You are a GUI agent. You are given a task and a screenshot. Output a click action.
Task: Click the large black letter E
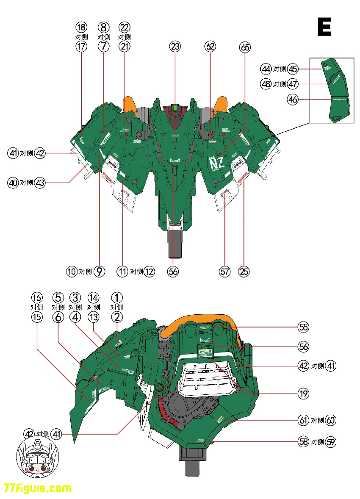pos(324,27)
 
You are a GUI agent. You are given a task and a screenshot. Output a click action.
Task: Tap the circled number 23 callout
pos(175,47)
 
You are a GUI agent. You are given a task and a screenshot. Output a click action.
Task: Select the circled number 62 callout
pos(210,47)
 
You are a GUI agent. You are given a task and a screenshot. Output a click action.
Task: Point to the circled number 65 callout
pos(245,47)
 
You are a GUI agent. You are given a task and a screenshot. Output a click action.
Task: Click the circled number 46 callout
pos(293,100)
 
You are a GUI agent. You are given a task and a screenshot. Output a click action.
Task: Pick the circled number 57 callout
pos(225,272)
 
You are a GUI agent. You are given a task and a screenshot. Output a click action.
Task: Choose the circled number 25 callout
pos(244,272)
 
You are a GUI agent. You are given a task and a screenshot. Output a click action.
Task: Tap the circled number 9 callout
pos(99,272)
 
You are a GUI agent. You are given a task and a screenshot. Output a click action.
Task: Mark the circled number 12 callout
pos(149,272)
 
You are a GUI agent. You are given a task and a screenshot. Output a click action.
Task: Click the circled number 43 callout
pos(40,183)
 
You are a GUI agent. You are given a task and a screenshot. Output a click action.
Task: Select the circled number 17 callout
pos(81,47)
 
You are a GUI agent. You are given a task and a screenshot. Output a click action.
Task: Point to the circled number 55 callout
pos(303,327)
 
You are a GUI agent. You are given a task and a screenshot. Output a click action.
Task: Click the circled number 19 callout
pos(303,394)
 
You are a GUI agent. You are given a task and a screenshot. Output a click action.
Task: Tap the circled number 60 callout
pos(331,420)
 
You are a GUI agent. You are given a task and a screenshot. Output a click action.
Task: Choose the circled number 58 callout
pos(303,442)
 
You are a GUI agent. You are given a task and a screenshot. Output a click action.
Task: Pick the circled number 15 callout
pos(37,317)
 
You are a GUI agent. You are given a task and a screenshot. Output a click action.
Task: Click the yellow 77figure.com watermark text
pos(38,488)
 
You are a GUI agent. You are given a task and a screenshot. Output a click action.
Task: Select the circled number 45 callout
pos(293,69)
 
